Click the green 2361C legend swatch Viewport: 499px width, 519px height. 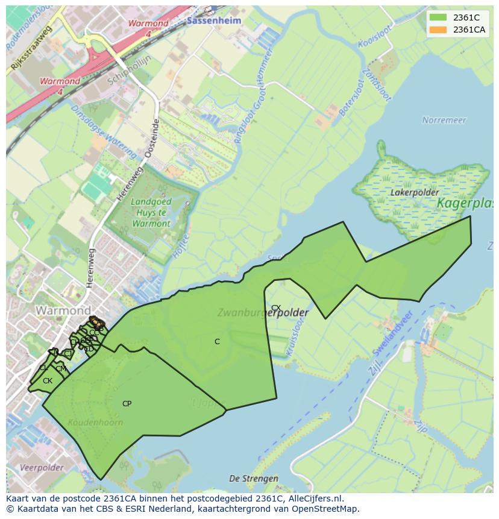pos(438,17)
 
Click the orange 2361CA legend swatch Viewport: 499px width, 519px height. pos(438,30)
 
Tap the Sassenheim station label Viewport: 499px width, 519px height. pos(214,20)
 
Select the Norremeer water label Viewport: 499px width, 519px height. pos(444,120)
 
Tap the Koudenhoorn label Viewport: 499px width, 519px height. pos(95,422)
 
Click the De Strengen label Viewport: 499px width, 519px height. pos(254,479)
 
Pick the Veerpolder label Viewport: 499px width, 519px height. pos(42,467)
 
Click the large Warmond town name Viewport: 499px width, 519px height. pos(63,311)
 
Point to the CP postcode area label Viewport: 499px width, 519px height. pos(127,404)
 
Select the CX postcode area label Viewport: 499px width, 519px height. pos(276,307)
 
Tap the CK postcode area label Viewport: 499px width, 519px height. pos(48,381)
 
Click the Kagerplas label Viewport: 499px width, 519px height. pos(465,203)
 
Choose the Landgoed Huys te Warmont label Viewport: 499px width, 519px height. pos(151,213)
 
